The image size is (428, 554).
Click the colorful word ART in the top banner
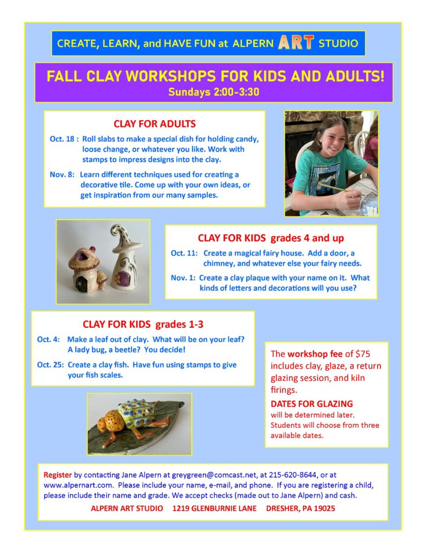[x=296, y=43]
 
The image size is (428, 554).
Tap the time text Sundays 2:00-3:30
[x=214, y=92]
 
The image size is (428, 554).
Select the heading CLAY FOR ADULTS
[x=154, y=124]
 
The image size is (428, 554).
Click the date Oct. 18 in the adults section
[x=62, y=139]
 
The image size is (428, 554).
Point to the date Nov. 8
[x=62, y=175]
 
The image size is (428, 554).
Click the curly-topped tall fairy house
[x=126, y=258]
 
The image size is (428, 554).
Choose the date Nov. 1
[x=183, y=278]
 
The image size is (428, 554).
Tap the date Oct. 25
[x=50, y=365]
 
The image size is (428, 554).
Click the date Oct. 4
[x=48, y=340]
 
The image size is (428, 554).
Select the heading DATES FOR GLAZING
[x=312, y=404]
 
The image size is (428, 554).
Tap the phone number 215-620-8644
[x=293, y=475]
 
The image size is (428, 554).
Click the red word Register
[x=57, y=475]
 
